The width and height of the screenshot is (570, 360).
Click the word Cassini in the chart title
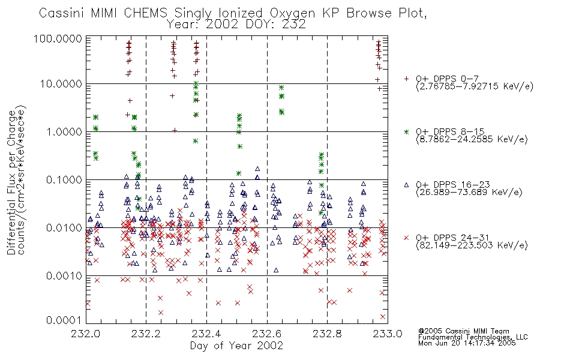[x=62, y=13]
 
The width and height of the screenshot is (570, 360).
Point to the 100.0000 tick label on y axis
[x=58, y=38]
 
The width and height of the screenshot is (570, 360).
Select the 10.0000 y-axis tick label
[x=61, y=84]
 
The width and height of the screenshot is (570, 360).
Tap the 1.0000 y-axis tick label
[x=64, y=131]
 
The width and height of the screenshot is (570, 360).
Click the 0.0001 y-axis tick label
[x=64, y=320]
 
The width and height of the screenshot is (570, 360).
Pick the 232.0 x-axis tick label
[x=86, y=334]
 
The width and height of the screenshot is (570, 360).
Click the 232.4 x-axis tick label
[x=206, y=334]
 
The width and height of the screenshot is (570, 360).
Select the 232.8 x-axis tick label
[x=327, y=334]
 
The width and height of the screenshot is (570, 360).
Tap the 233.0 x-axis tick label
[x=388, y=334]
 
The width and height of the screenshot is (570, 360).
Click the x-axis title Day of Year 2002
[x=236, y=346]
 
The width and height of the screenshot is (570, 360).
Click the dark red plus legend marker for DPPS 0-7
[x=407, y=79]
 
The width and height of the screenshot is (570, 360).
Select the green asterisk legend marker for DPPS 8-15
[x=407, y=131]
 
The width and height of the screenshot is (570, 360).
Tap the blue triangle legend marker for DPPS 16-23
[x=407, y=185]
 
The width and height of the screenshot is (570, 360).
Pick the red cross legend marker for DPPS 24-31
[x=407, y=238]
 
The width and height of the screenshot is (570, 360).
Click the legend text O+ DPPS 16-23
[x=453, y=185]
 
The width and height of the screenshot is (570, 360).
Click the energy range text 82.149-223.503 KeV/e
[x=472, y=245]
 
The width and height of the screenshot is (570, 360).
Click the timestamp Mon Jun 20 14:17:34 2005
[x=467, y=343]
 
